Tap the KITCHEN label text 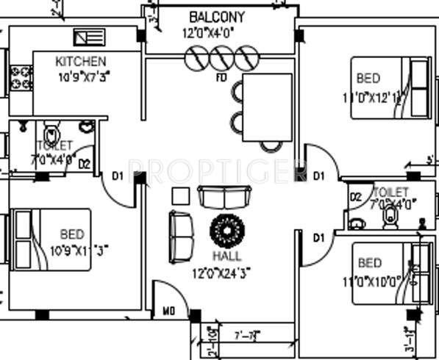click(x=80, y=61)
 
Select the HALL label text click(x=227, y=256)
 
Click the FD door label click(x=221, y=76)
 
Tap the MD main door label click(x=169, y=312)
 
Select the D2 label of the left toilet click(x=84, y=164)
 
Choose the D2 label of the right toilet click(x=355, y=197)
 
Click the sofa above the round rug click(x=224, y=197)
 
